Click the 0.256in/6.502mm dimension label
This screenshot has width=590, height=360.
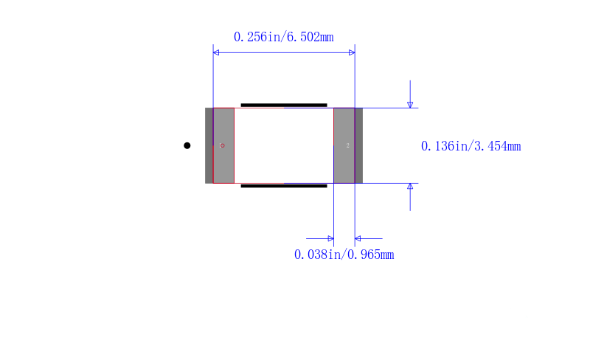[x=283, y=37]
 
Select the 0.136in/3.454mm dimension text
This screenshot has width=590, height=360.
[x=471, y=146]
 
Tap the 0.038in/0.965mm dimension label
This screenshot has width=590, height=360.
[x=344, y=255]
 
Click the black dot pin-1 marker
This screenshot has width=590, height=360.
[x=187, y=145]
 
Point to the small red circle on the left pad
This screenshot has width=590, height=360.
[x=223, y=145]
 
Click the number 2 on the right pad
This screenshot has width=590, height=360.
[x=347, y=145]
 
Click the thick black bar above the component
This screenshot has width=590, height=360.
[x=284, y=105]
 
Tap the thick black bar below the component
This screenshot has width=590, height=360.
[x=284, y=186]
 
